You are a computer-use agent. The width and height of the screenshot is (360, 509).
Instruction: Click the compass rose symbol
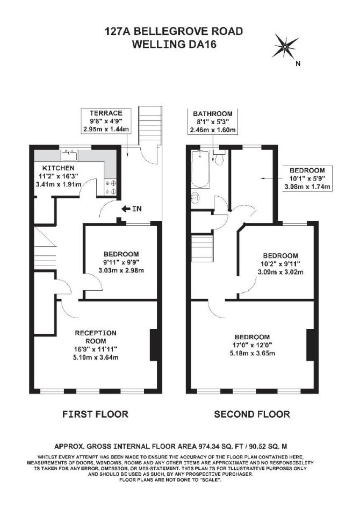(285, 47)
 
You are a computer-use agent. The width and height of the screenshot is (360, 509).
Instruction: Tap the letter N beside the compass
(298, 63)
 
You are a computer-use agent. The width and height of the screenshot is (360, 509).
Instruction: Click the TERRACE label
(106, 113)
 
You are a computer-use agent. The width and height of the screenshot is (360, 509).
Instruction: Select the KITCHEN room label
(59, 168)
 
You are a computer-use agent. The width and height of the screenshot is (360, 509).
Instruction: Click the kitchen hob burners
(111, 187)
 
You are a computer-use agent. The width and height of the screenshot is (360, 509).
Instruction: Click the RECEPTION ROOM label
(96, 337)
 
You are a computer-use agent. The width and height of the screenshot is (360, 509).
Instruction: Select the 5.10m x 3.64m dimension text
(96, 357)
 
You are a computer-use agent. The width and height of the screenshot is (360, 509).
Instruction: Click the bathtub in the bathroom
(200, 169)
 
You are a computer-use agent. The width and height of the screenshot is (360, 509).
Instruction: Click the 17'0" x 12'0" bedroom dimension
(252, 345)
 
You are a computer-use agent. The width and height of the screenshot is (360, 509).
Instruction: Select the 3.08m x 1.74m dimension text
(307, 187)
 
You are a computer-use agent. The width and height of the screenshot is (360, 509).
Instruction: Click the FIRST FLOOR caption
(95, 414)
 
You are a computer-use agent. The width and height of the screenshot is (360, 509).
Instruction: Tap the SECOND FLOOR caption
(252, 414)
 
